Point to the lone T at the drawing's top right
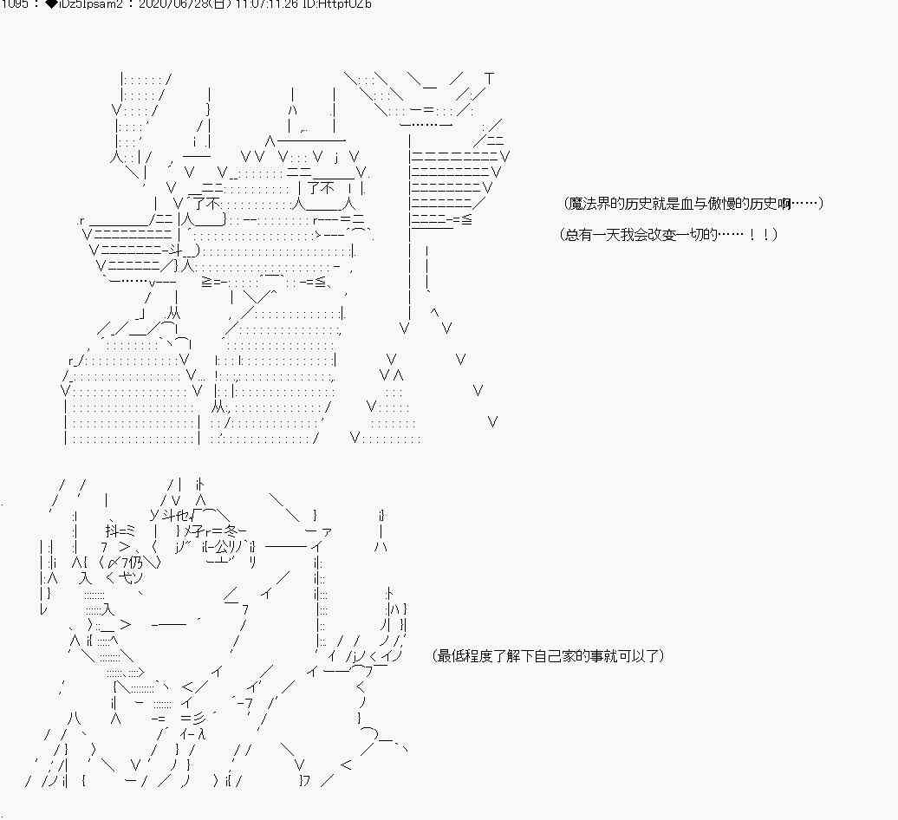[490, 79]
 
